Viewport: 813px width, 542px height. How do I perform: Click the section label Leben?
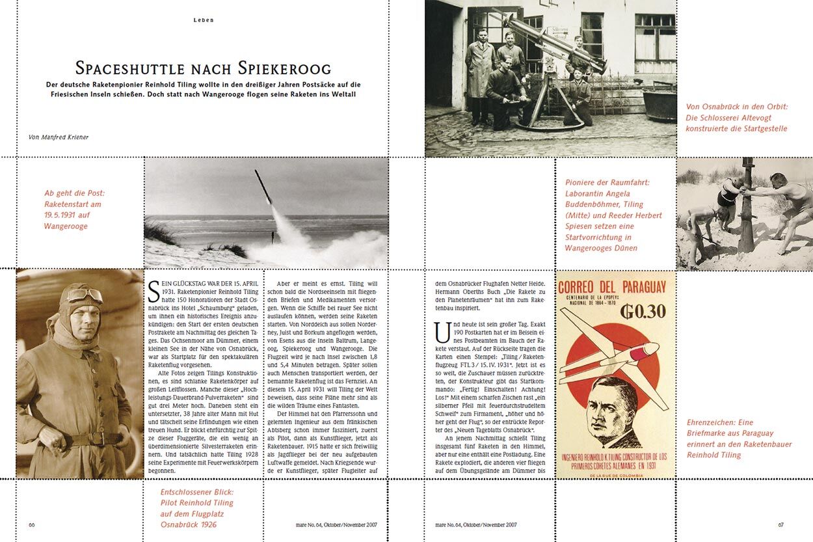click(204, 20)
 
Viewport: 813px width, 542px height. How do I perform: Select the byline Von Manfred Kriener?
click(59, 137)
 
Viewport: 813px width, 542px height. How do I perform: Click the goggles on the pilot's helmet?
click(84, 296)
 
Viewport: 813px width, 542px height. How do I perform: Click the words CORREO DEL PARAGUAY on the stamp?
click(612, 287)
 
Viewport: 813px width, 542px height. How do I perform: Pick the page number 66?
click(31, 524)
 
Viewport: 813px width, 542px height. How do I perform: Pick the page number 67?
click(781, 524)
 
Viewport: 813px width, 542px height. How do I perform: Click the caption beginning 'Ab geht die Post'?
click(73, 210)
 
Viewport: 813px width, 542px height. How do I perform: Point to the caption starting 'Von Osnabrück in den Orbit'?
click(736, 117)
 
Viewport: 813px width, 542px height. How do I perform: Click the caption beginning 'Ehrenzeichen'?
click(740, 439)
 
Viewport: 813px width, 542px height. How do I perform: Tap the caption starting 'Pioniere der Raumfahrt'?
click(613, 215)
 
